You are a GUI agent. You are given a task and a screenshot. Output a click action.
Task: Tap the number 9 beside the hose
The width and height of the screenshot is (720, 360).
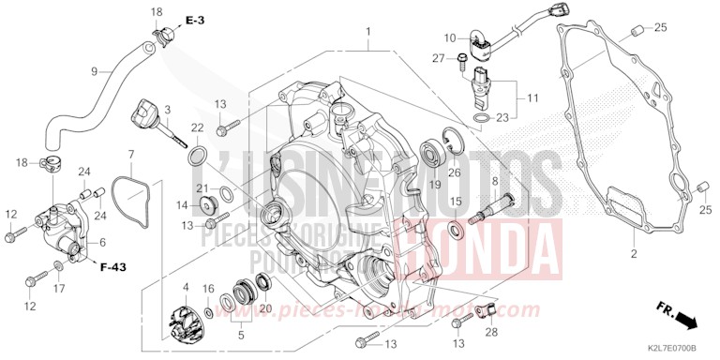94,71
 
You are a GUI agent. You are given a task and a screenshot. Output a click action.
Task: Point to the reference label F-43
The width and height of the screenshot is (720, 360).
112,267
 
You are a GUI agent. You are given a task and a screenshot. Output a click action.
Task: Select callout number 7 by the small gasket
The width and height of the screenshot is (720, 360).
131,153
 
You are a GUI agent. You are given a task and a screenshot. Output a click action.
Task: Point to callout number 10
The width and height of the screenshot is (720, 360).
450,38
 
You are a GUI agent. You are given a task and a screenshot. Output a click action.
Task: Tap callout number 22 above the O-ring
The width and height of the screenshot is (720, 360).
198,127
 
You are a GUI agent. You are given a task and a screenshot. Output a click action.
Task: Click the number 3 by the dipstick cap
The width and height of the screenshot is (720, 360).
167,111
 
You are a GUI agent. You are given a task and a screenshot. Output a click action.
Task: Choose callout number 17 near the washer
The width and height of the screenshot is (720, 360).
58,289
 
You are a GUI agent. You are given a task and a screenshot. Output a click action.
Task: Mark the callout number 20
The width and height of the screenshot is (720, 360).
265,307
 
